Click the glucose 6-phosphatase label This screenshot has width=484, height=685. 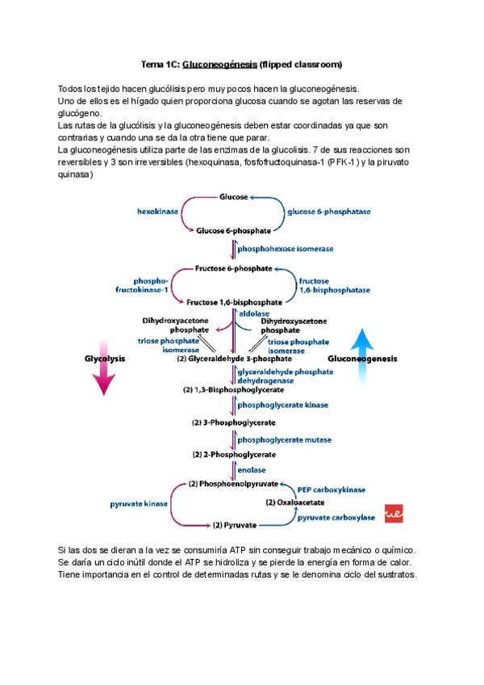[328, 211]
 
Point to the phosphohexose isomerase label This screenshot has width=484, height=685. [285, 249]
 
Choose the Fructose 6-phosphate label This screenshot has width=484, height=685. [233, 267]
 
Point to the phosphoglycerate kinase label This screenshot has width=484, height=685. [282, 404]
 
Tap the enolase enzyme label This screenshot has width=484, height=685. [251, 469]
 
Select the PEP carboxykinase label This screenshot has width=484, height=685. [332, 489]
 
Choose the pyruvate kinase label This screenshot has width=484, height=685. [139, 504]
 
